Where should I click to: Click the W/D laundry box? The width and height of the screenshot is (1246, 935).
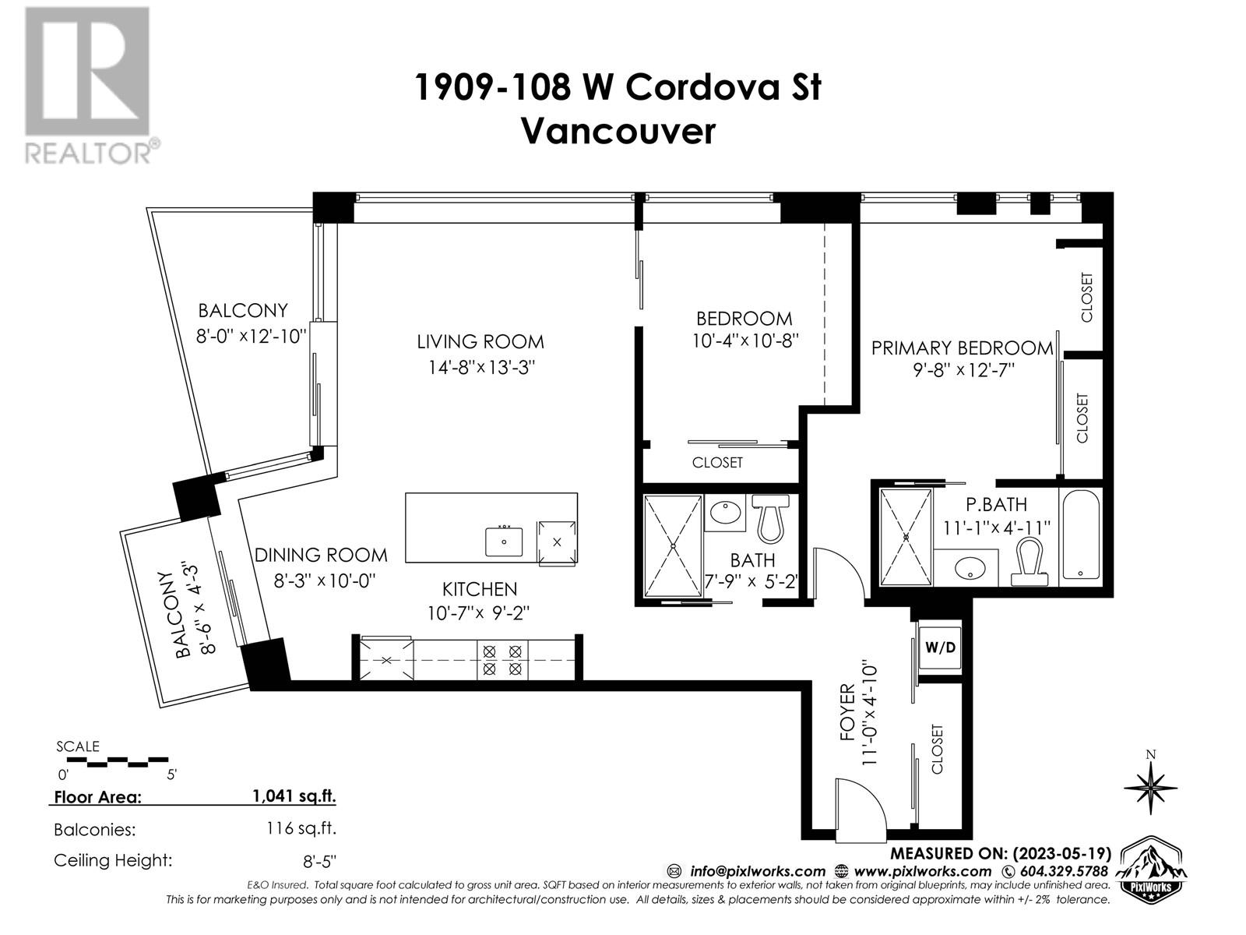(x=940, y=647)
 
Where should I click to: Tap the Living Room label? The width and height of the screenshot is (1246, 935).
(x=480, y=341)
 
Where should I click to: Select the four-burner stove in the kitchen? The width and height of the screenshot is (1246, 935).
(x=502, y=659)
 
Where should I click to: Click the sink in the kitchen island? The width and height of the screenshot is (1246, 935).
(x=505, y=540)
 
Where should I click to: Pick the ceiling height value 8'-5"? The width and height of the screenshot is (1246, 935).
(x=322, y=861)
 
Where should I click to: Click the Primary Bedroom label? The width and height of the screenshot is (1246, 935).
(x=962, y=348)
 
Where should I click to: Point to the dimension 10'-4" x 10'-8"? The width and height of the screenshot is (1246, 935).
(x=745, y=340)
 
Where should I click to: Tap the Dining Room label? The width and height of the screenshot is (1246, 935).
(x=321, y=555)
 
